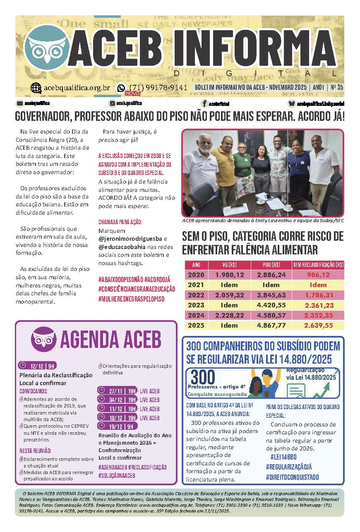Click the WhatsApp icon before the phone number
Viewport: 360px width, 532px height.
(x=121, y=88)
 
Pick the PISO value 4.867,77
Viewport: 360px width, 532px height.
(x=271, y=325)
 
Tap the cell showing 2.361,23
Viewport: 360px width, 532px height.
(x=318, y=305)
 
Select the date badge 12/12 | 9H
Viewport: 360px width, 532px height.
(x=37, y=366)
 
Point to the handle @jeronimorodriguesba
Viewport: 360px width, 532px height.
(x=130, y=239)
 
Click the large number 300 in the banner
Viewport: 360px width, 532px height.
(x=203, y=376)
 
